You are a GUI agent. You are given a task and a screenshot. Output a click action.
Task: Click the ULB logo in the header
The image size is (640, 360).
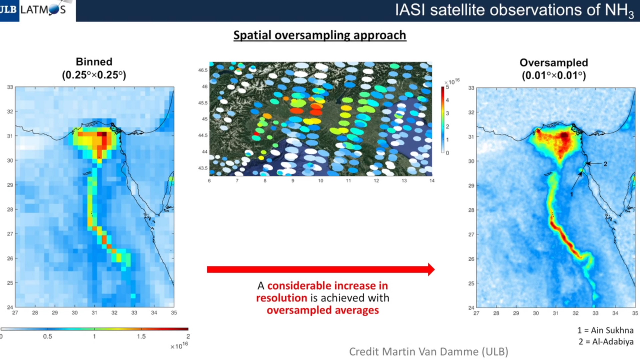click(9, 10)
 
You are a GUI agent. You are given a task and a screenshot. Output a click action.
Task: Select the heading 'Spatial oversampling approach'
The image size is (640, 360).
click(320, 35)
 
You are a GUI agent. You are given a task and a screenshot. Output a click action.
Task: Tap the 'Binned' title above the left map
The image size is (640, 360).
click(94, 62)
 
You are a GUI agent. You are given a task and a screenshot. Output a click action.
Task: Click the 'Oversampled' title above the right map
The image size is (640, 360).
click(554, 63)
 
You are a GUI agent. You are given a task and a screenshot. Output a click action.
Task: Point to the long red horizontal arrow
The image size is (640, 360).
click(321, 269)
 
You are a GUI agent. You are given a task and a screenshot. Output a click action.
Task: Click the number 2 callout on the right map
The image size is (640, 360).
click(605, 164)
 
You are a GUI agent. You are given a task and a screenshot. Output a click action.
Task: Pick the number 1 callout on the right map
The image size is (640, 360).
click(572, 194)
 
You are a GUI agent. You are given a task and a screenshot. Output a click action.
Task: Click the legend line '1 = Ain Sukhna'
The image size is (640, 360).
click(605, 330)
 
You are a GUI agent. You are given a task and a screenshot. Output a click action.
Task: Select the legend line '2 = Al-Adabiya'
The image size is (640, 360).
click(606, 342)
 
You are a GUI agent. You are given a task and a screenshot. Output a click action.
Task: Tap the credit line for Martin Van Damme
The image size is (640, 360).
click(429, 352)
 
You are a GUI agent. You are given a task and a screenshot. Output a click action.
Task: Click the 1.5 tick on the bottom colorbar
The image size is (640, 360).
click(141, 336)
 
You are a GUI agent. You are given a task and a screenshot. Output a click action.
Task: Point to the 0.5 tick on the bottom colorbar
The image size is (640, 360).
click(48, 336)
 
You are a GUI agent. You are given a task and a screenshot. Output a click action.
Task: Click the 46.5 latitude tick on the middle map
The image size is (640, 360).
click(203, 70)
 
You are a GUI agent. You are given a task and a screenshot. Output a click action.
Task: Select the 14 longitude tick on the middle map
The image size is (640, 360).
click(432, 181)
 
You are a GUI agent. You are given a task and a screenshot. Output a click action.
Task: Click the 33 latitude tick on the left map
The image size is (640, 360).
click(10, 87)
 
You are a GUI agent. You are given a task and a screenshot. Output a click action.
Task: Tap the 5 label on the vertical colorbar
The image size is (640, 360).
click(448, 87)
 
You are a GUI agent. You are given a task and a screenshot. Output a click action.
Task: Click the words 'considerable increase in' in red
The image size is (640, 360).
click(328, 286)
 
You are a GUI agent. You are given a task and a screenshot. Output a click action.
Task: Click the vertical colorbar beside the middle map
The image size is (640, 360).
click(443, 120)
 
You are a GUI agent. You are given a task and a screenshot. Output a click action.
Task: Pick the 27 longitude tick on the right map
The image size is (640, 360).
click(476, 313)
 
